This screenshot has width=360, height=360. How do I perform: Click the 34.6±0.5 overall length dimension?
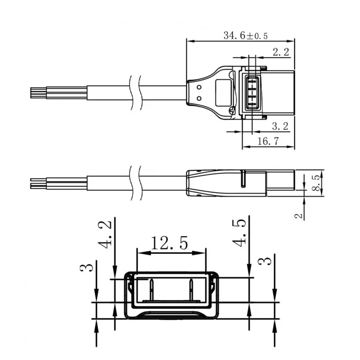[x=245, y=36]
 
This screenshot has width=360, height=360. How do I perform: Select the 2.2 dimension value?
[x=280, y=53]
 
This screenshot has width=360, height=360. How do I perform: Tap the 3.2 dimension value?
[x=280, y=126]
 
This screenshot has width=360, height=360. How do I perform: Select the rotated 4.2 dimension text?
[x=108, y=233]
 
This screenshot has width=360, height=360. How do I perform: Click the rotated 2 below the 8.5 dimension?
[x=299, y=216]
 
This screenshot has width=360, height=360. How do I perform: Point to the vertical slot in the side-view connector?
[x=243, y=179]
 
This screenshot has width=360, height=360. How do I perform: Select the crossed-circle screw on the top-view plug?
[x=231, y=111]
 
